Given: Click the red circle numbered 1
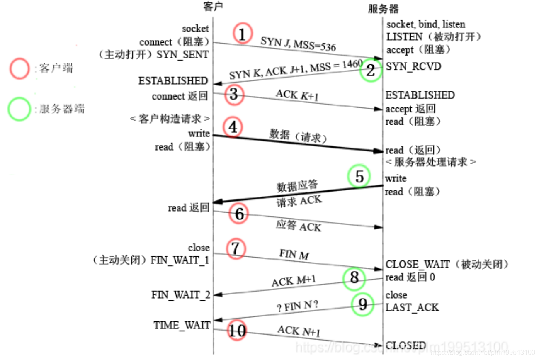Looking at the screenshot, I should pos(243,33).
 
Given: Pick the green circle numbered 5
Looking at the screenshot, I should pos(359,176).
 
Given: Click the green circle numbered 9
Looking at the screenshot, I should pos(362,305).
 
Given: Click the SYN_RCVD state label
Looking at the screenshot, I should pos(414,66).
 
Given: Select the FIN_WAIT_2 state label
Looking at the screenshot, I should pos(180,295).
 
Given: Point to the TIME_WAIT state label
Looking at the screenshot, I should pos(182,325).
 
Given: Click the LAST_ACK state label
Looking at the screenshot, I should pos(412,307).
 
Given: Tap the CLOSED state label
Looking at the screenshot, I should pos(405,345).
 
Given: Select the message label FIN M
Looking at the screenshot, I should pos(294,254).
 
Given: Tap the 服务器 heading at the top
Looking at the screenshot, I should pos(384,8).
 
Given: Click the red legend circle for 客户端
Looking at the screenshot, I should pos(19,68).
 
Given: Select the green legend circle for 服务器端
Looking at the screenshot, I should pos(19,109).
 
